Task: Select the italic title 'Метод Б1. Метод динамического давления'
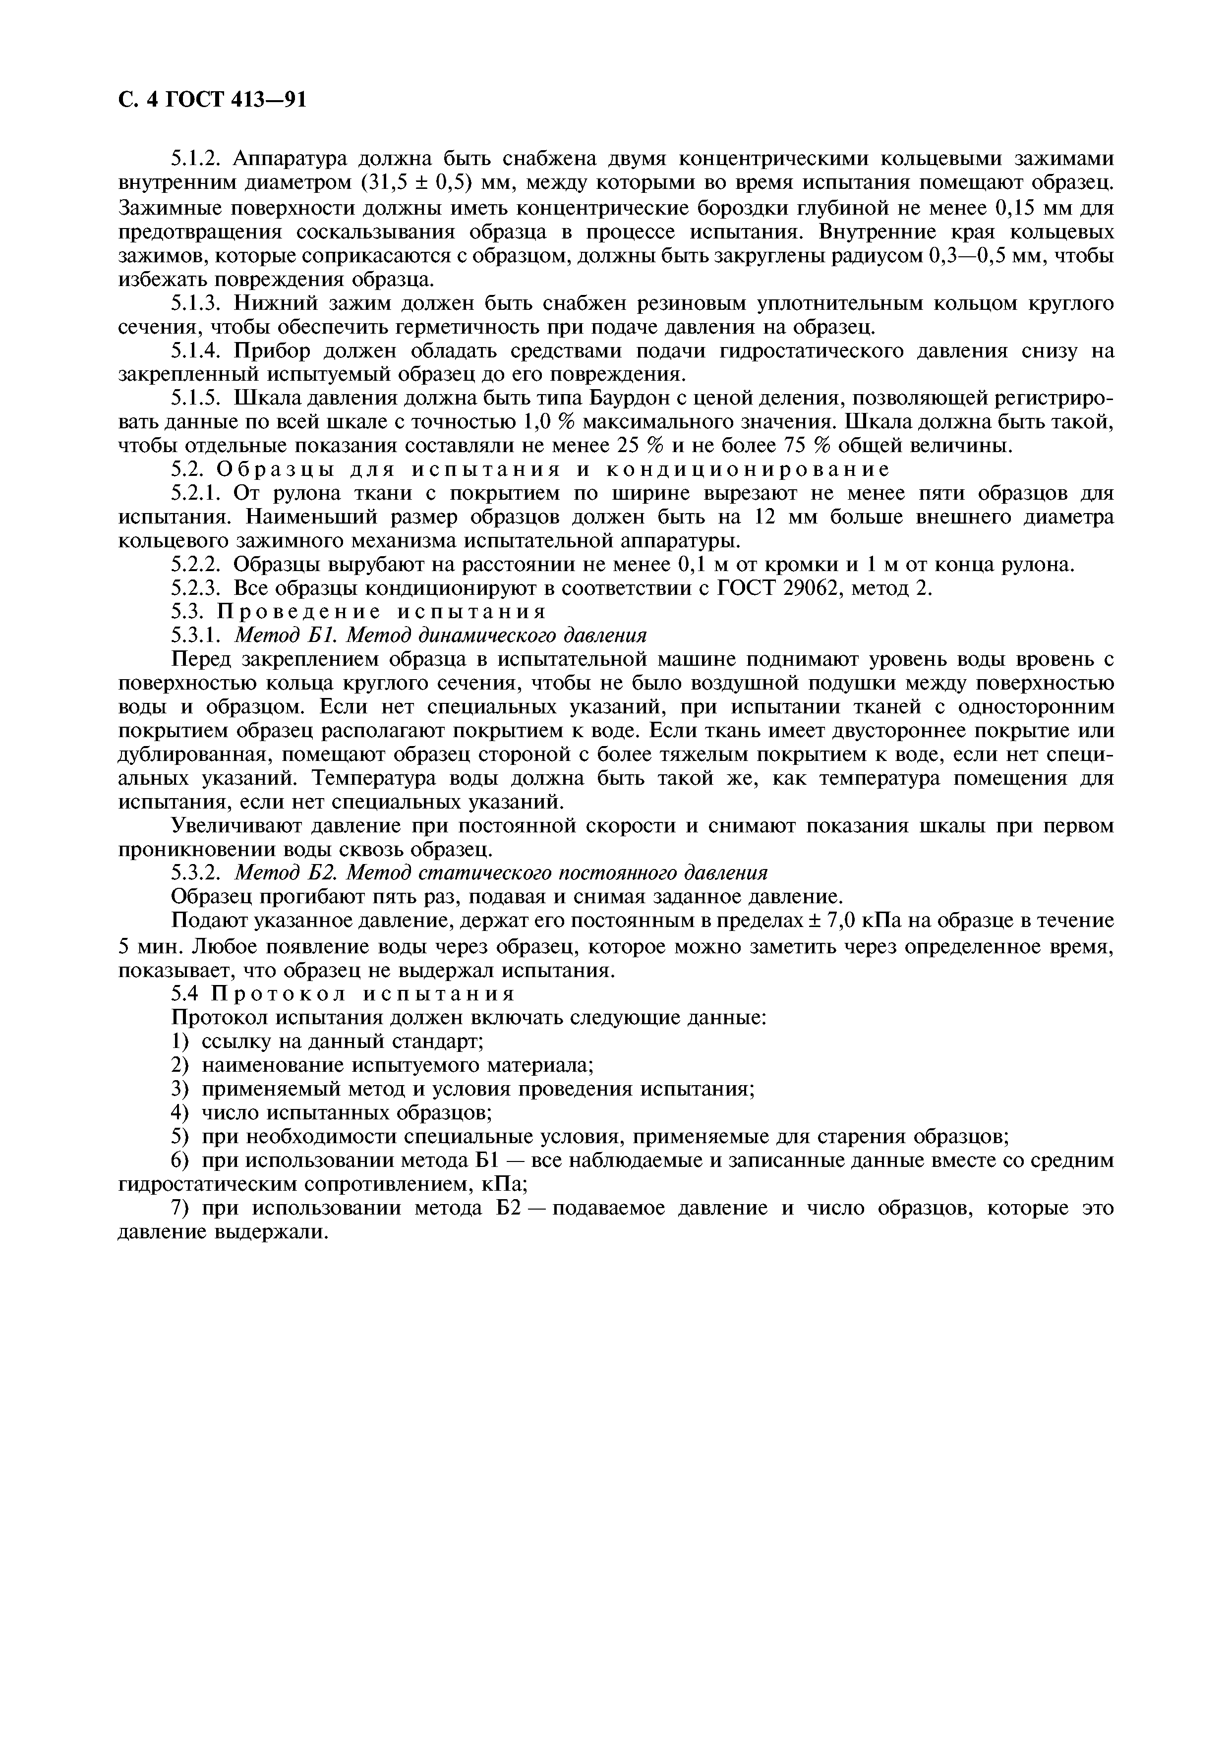pos(441,635)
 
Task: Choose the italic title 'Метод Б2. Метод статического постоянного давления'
pos(501,872)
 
